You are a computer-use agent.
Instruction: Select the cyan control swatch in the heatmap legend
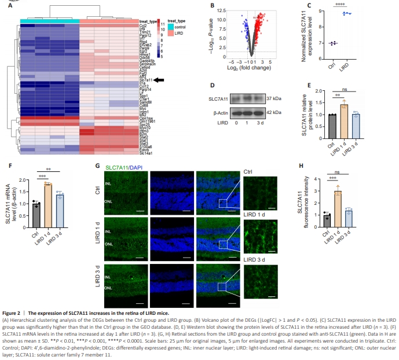(171, 27)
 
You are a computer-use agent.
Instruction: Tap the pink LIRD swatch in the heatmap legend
(171, 33)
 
